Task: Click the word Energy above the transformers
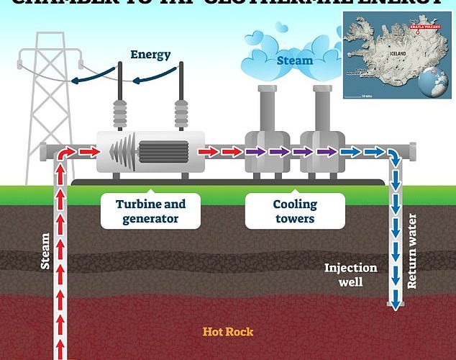click(150, 55)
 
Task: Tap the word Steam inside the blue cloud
click(295, 60)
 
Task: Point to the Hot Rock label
click(228, 332)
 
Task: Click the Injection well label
click(350, 274)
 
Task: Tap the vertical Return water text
click(413, 251)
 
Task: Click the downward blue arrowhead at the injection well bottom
click(395, 306)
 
